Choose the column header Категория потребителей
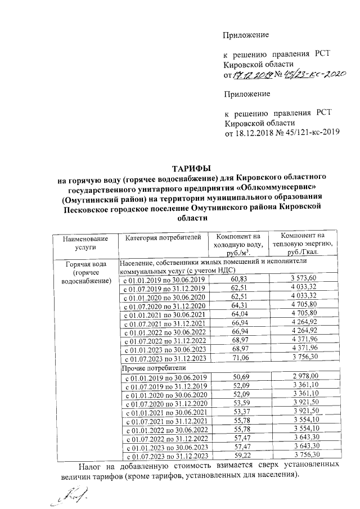pos(163,238)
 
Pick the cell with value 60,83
pos(239,279)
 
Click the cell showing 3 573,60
pos(304,278)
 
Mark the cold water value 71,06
pos(239,359)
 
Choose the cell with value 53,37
pos(239,412)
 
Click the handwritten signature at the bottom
pos(66,497)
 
